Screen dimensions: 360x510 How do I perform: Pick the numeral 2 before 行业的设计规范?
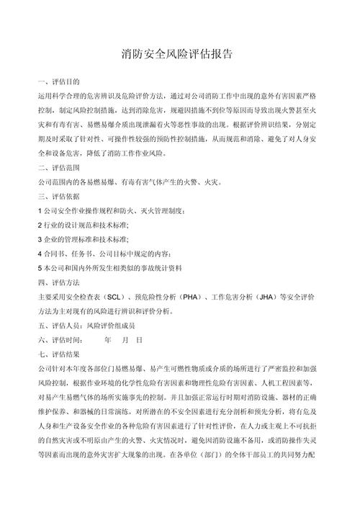39,225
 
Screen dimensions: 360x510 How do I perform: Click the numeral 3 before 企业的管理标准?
39,238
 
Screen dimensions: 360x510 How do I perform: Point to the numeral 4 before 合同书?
39,253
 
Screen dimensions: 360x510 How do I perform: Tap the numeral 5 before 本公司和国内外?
39,267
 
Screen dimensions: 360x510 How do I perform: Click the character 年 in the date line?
108,339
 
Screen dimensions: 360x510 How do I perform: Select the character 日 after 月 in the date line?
139,339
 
